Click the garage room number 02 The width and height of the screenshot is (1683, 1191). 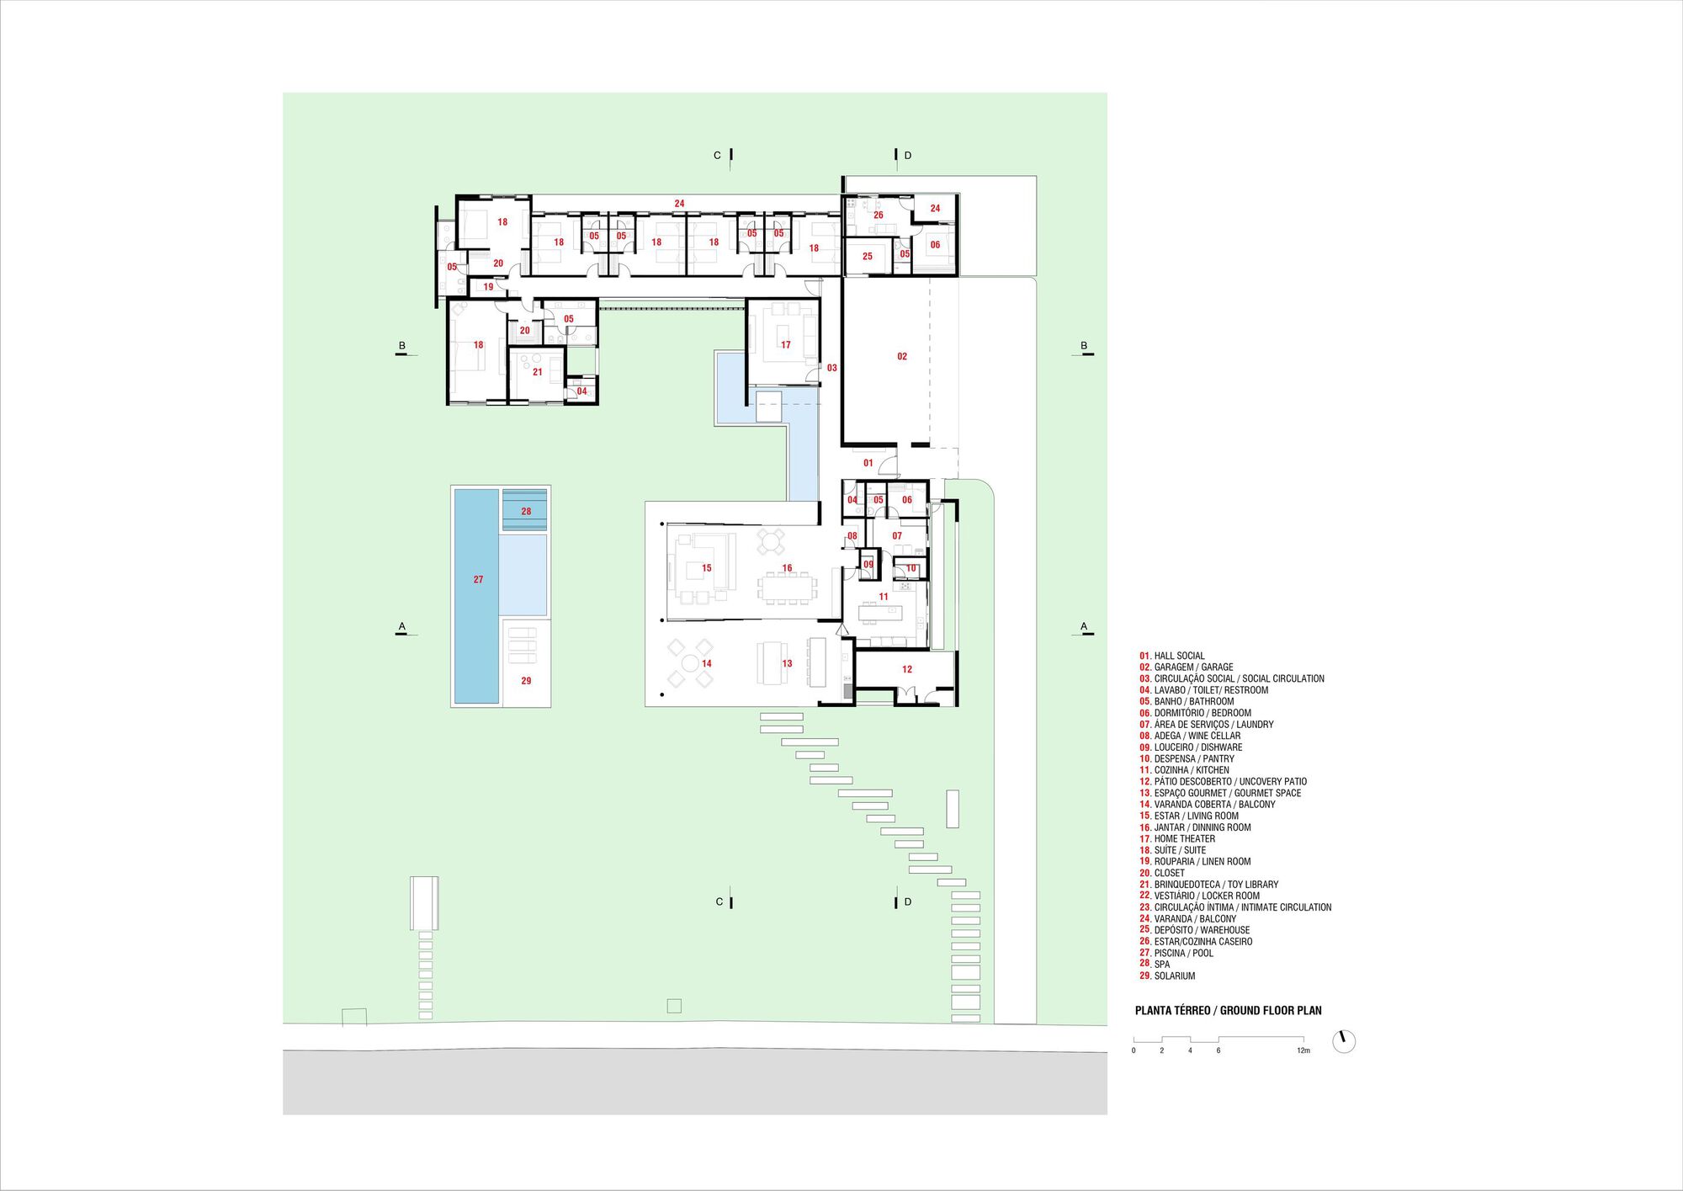coord(902,357)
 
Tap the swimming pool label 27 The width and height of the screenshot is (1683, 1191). coord(478,580)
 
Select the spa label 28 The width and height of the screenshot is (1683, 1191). coord(526,512)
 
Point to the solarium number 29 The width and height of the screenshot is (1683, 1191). coord(526,681)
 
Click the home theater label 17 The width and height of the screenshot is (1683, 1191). coord(786,345)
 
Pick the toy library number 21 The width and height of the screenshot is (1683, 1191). coord(537,372)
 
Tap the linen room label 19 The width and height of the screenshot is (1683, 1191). coord(488,287)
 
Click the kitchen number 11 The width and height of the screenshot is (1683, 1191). coord(884,597)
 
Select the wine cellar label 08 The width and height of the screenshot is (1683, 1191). coord(852,536)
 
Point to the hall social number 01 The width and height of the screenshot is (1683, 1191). coord(868,463)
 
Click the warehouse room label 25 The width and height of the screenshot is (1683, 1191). coord(868,257)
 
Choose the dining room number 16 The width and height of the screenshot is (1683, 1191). coord(787,568)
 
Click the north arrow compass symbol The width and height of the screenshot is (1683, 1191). coord(1344,1042)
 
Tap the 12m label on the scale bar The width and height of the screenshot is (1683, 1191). coord(1303,1050)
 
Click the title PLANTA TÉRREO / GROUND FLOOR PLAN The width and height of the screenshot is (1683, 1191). coord(1229,1010)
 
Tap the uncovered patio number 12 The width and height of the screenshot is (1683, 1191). coord(907,670)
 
